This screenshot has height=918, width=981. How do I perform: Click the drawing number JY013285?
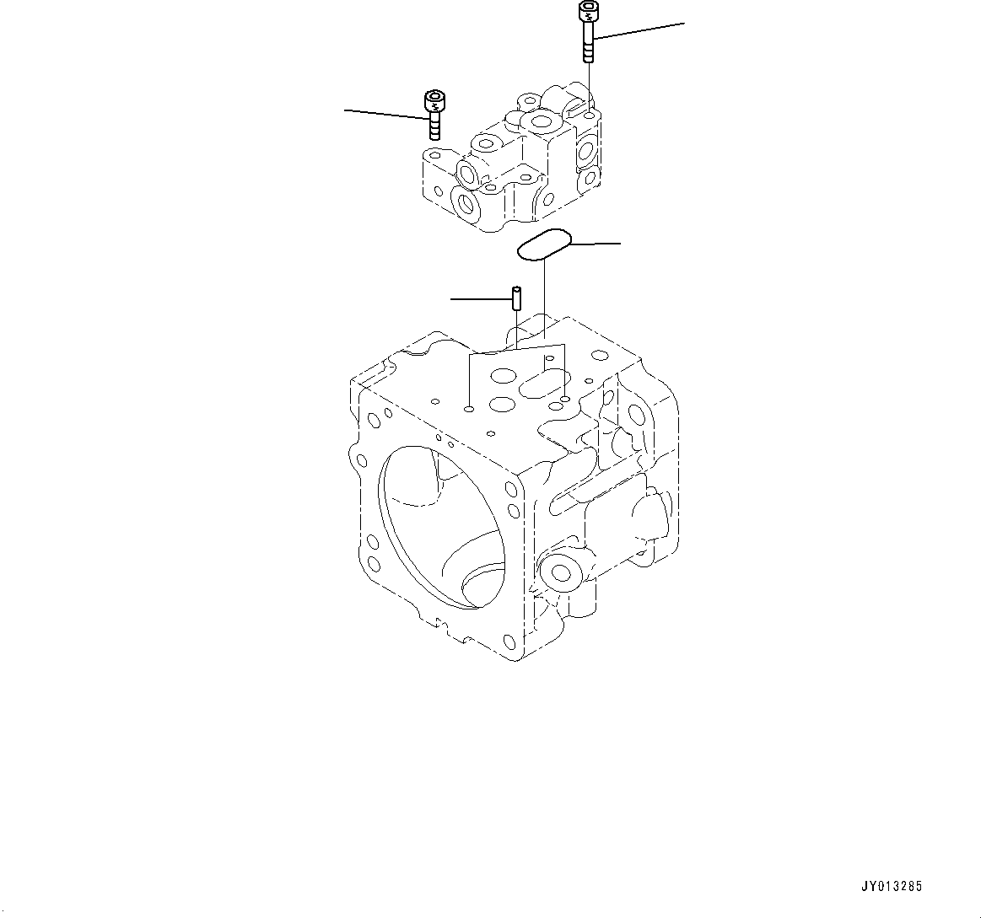[x=891, y=887]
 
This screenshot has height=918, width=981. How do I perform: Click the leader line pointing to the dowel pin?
[x=480, y=298]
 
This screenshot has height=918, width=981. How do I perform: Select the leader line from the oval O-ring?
[x=596, y=243]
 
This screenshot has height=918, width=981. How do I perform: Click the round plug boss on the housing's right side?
[x=559, y=573]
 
